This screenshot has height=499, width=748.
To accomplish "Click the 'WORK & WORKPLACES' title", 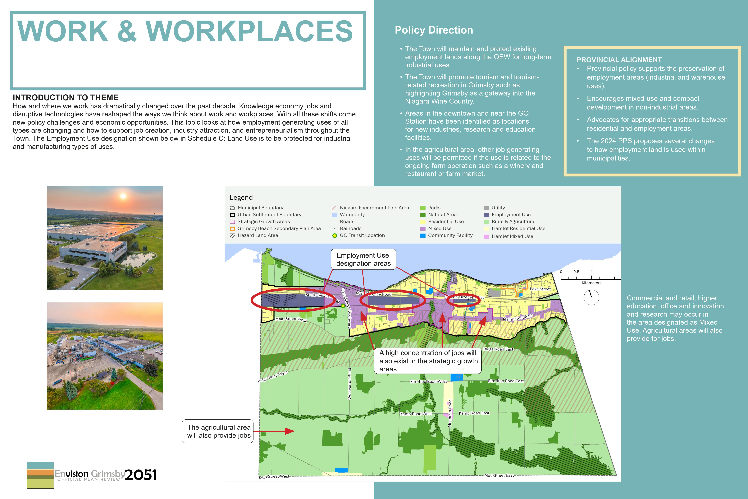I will click(x=185, y=31).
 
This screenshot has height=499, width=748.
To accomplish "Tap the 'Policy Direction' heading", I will click(x=434, y=30).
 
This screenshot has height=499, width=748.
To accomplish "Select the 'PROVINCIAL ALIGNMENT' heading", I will click(x=619, y=60).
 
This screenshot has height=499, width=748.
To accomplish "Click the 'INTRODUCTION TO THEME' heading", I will click(x=66, y=97).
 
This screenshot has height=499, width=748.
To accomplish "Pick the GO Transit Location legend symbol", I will click(x=335, y=236).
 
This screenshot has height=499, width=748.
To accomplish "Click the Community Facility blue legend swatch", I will click(x=423, y=236).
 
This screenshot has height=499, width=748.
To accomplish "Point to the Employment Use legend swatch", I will click(x=486, y=215).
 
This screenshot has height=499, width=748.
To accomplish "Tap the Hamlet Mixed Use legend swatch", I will click(x=486, y=236).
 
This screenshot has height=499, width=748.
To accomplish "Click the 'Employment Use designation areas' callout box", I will click(x=363, y=259).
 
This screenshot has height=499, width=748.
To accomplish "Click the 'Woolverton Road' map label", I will click(x=349, y=384).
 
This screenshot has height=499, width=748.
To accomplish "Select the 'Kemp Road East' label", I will click(x=474, y=413).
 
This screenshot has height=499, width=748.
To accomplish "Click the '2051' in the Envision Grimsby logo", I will click(x=141, y=475).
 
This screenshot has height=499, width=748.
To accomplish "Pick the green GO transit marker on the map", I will click(x=343, y=306).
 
